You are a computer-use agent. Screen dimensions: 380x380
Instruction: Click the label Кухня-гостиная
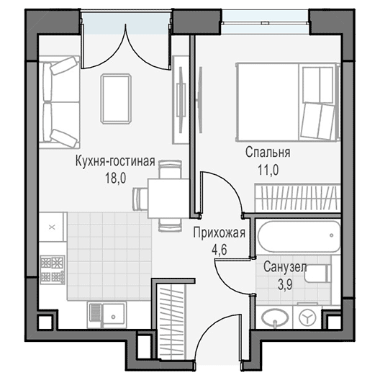tap(115, 161)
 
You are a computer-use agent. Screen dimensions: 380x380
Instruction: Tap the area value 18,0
tap(115, 178)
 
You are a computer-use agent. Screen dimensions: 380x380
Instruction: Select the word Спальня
tap(268, 153)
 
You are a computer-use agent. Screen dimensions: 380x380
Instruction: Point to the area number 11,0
tap(268, 170)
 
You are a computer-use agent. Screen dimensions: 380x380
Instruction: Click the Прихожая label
tap(219, 233)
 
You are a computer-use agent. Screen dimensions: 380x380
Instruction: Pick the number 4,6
tap(219, 250)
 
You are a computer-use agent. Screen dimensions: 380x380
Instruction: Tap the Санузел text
tap(285, 267)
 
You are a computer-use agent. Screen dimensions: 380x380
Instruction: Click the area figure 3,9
tap(285, 284)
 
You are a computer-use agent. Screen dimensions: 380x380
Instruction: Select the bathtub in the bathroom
tap(299, 236)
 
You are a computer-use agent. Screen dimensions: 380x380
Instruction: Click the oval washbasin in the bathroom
tap(275, 317)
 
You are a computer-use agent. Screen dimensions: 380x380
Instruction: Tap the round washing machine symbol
tap(307, 317)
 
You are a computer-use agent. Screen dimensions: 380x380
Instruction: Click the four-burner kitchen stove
tap(53, 270)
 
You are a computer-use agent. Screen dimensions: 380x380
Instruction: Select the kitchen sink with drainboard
tap(107, 315)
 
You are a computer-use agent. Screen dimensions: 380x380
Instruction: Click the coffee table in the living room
tap(117, 99)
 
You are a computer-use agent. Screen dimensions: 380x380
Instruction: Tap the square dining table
tap(168, 198)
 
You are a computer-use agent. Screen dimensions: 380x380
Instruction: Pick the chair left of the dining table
tap(140, 198)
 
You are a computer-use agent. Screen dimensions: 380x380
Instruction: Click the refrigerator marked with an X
tap(53, 227)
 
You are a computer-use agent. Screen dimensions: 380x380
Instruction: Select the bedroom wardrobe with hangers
tap(297, 198)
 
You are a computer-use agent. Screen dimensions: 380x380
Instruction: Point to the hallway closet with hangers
tap(170, 322)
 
